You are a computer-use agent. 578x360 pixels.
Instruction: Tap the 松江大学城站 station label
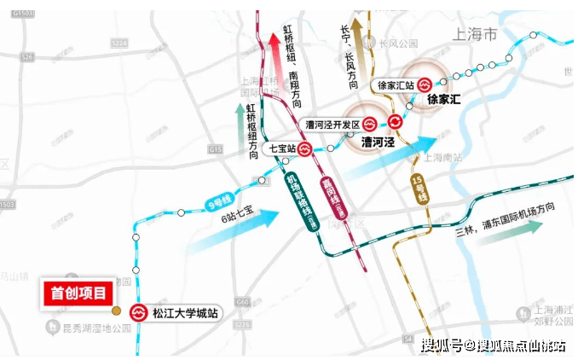[185, 313]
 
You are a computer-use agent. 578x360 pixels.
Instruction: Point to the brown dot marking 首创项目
[117, 310]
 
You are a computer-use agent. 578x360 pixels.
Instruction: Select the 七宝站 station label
[282, 148]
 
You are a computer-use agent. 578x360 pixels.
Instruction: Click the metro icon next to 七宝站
[305, 148]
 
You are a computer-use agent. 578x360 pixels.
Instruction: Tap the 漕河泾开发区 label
[333, 124]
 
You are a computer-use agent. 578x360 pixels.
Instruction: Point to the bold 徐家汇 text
[443, 100]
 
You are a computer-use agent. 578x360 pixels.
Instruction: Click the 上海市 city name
[474, 35]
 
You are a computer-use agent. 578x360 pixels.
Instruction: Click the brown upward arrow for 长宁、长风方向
[359, 43]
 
